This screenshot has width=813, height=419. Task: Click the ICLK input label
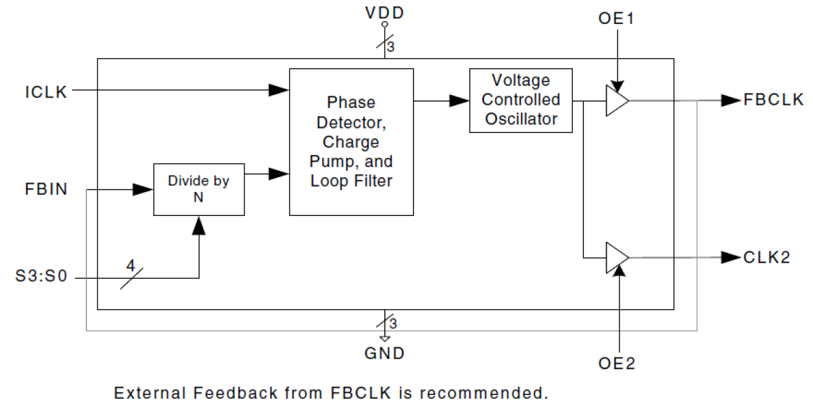point(46,92)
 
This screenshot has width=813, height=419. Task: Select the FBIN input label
point(46,190)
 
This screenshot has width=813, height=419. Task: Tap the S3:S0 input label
point(41,278)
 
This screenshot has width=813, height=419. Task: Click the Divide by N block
point(199,189)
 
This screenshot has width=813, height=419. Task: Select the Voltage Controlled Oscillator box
point(520,100)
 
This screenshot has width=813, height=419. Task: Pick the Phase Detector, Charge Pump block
point(351,142)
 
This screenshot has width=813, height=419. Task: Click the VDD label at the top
point(384,12)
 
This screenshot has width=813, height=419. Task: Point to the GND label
point(384,353)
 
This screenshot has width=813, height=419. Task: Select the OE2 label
point(618,364)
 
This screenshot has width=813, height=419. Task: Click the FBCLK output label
point(774,100)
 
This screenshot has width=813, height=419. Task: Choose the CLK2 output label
point(766,257)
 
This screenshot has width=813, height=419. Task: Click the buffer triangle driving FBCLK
point(616,101)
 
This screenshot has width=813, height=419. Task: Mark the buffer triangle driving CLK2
point(616,257)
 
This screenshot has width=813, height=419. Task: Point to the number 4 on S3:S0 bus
point(130,265)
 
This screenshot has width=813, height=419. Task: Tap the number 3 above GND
point(392,323)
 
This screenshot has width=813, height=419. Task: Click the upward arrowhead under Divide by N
point(199,226)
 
